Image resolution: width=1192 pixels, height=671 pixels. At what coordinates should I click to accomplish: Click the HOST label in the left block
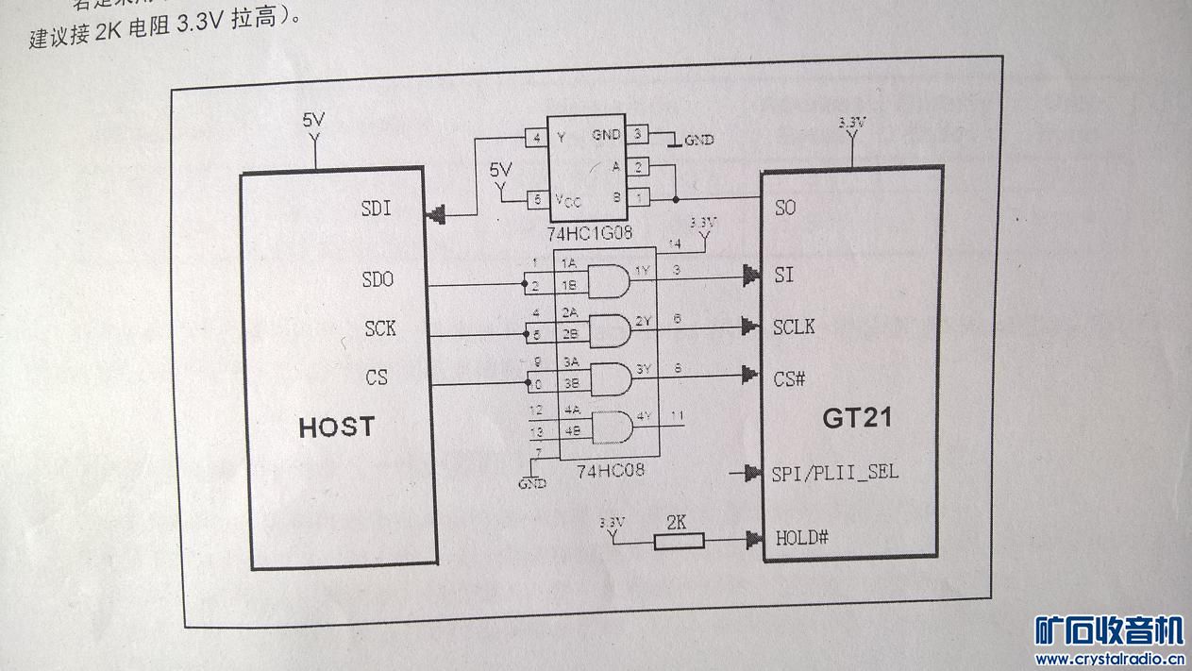[x=336, y=427]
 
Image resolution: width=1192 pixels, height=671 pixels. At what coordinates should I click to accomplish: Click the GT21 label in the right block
[x=857, y=417]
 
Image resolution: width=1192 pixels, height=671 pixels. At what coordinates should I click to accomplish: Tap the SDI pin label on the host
[x=377, y=209]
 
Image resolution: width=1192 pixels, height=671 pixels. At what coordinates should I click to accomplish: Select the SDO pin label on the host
[x=378, y=279]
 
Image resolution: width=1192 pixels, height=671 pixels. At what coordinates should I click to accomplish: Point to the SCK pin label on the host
[x=380, y=328]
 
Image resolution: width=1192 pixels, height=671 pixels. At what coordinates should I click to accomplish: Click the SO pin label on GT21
[x=785, y=208]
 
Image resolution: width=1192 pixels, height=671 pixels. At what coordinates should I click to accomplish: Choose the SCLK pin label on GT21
[x=794, y=327]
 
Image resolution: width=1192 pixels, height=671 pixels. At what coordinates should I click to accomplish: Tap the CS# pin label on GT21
[x=789, y=378]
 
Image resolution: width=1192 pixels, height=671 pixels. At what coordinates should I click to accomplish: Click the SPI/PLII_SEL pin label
[x=834, y=471]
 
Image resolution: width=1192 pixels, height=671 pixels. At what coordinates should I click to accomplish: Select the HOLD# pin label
[x=801, y=538]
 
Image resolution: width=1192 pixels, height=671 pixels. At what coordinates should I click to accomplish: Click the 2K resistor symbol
[x=679, y=541]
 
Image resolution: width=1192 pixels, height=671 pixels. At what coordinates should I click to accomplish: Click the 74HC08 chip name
[x=610, y=469]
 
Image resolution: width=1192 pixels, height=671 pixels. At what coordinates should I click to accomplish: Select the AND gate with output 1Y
[x=610, y=279]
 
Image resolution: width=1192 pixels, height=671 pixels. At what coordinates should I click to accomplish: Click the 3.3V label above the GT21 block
[x=851, y=124]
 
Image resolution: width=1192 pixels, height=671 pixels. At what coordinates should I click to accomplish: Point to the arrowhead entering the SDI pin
[x=436, y=215]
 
